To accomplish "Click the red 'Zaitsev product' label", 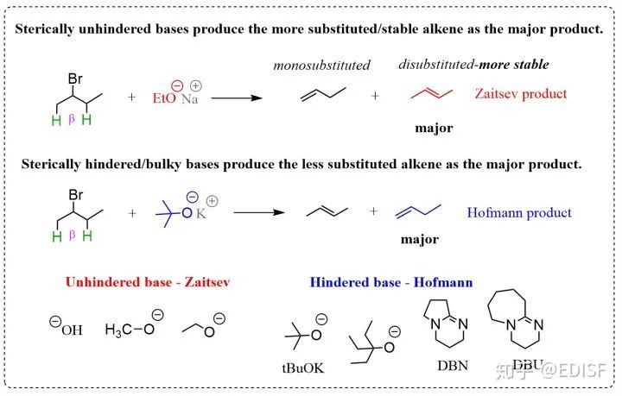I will (x=521, y=93).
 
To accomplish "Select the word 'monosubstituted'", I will (x=321, y=66).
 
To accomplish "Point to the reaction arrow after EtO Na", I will (x=237, y=97).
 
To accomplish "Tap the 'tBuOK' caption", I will (x=303, y=368).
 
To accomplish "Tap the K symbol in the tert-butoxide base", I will (x=200, y=212).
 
